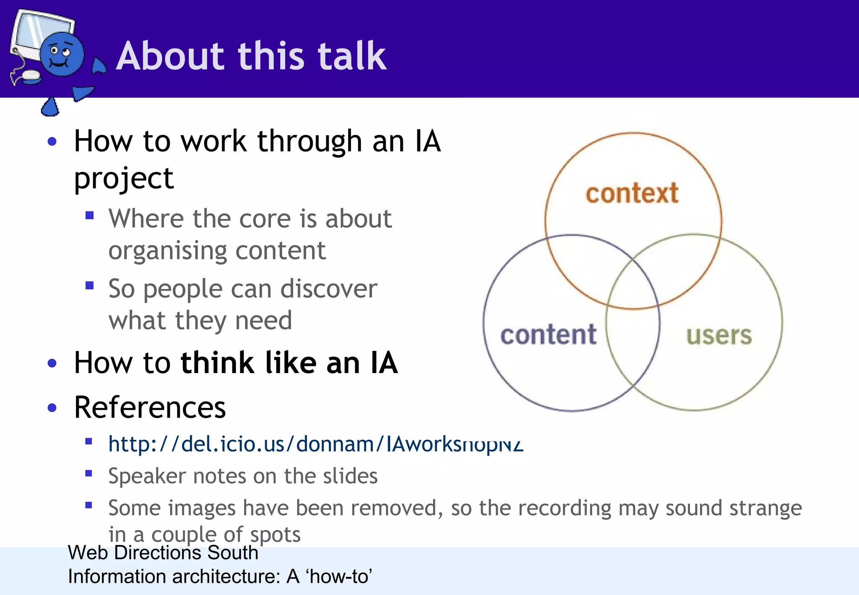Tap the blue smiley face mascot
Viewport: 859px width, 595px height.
pos(62,55)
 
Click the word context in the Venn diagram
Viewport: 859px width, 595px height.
pos(632,193)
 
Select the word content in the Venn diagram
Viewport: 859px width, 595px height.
pos(548,335)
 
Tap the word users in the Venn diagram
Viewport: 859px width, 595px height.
pos(719,336)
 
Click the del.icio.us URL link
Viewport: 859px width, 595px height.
pos(315,444)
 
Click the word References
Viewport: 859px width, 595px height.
pos(150,407)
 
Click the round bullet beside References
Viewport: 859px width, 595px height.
pos(52,408)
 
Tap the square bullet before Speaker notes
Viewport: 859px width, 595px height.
pos(89,474)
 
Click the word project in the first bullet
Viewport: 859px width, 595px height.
pos(123,178)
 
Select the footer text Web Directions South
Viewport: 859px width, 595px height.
pos(163,553)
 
